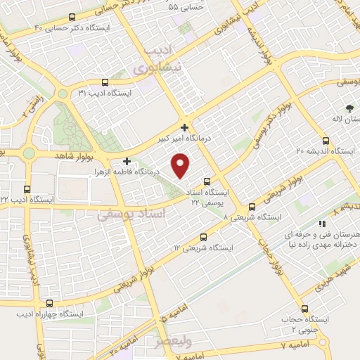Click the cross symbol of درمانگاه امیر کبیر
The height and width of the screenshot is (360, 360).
point(184,127)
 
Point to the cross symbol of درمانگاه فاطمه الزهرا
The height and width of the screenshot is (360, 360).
point(127,161)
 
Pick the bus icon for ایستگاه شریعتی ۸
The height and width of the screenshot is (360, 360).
point(252,207)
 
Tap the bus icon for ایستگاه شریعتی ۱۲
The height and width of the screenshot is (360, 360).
point(204,237)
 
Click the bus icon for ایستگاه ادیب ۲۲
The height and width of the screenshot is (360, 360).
point(27,188)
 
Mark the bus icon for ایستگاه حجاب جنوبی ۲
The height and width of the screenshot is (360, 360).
point(304,308)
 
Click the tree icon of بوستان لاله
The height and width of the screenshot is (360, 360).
point(349,108)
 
